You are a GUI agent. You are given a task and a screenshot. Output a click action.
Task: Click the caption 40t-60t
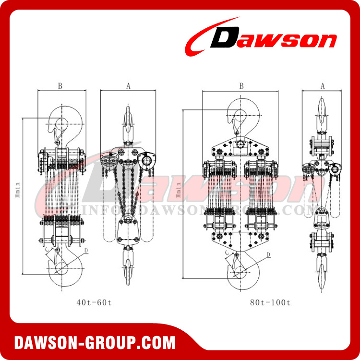pyautogui.click(x=94, y=302)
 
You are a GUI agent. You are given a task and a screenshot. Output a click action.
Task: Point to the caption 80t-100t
pyautogui.click(x=270, y=302)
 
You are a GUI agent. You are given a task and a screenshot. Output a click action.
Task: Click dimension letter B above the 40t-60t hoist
pyautogui.click(x=60, y=86)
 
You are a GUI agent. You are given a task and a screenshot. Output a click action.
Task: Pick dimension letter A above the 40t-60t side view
pyautogui.click(x=128, y=86)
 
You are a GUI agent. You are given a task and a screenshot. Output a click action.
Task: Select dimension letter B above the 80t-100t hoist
pyautogui.click(x=241, y=86)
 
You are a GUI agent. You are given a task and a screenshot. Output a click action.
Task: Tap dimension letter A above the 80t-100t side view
pyautogui.click(x=323, y=86)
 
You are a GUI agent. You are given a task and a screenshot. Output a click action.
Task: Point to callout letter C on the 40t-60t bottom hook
pyautogui.click(x=47, y=249)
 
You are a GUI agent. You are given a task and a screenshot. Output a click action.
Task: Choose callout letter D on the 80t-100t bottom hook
pyautogui.click(x=268, y=254)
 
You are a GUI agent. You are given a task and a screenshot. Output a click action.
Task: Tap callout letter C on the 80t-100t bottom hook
pyautogui.click(x=226, y=252)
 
